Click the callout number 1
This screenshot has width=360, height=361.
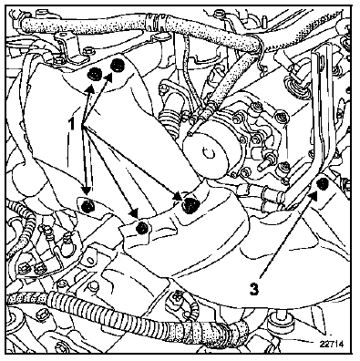(72, 124)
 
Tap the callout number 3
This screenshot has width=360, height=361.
(254, 288)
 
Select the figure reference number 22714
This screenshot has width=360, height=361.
(332, 344)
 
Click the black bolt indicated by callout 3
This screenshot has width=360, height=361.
(322, 184)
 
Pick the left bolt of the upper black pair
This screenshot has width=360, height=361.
(95, 74)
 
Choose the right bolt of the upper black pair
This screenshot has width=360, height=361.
(117, 66)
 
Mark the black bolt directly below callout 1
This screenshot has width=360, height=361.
(87, 206)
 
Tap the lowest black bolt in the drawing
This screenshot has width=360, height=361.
(142, 228)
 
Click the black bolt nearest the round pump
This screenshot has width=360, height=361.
(190, 204)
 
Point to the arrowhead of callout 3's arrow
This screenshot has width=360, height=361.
(314, 195)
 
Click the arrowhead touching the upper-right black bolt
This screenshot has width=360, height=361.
(109, 77)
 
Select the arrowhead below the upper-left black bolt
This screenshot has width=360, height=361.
(89, 88)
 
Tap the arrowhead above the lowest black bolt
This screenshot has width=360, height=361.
(134, 213)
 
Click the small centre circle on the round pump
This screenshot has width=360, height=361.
(209, 154)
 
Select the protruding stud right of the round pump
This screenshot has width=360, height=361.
(265, 164)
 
